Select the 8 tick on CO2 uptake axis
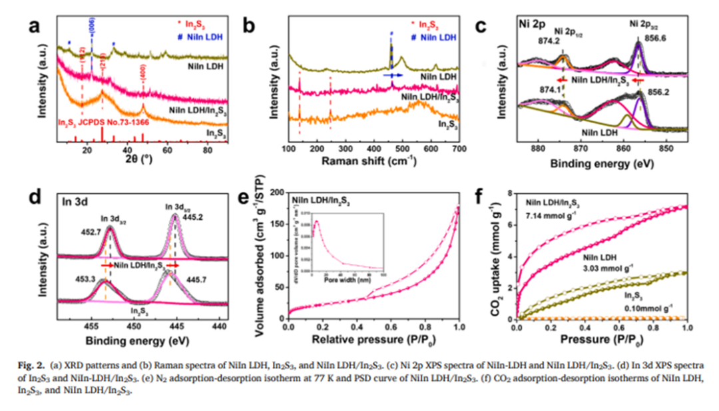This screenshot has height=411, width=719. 509,193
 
